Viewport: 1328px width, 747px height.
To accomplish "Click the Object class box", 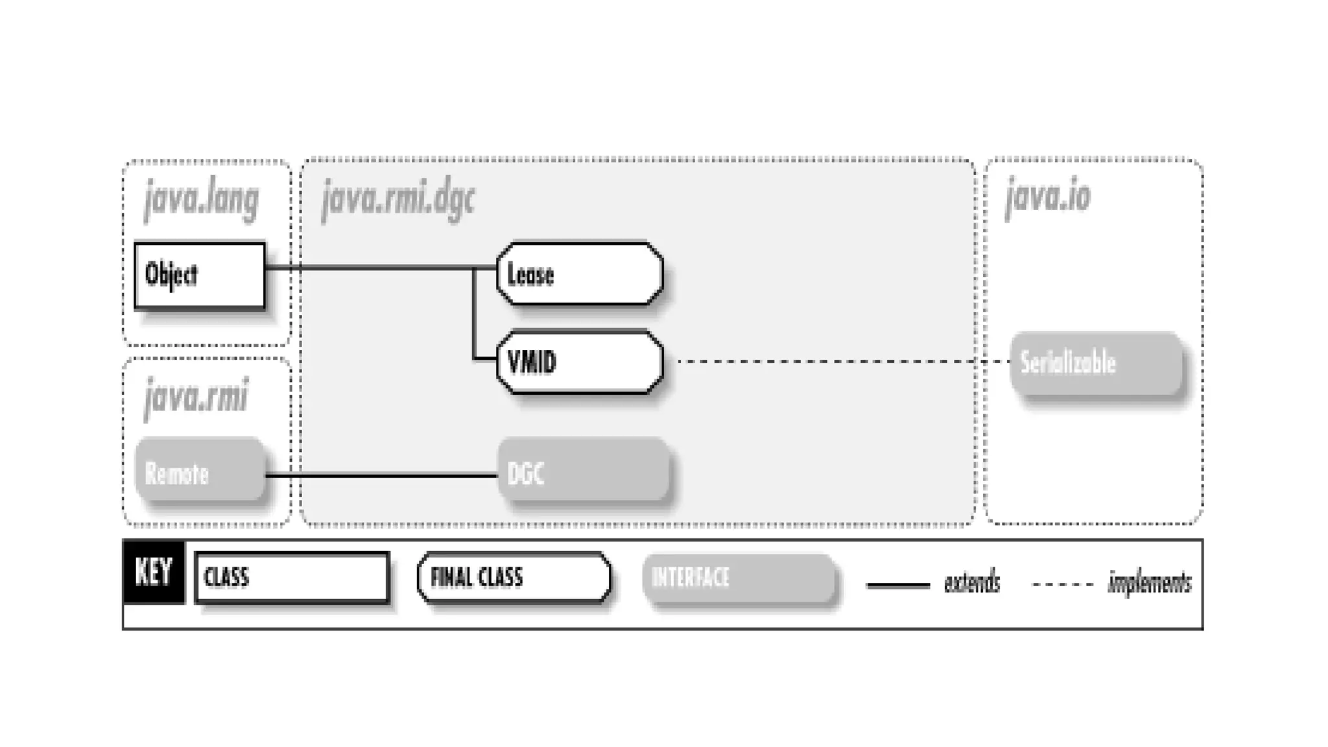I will [x=200, y=275].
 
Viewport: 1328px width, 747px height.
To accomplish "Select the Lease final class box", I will [x=580, y=274].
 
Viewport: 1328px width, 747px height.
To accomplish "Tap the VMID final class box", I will [x=580, y=362].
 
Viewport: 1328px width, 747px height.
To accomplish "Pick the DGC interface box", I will [x=583, y=471].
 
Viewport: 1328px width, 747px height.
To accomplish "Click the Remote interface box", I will [x=200, y=471].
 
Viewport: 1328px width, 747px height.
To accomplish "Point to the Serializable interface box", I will [x=1096, y=363].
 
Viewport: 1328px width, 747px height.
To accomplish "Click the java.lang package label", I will [x=202, y=199].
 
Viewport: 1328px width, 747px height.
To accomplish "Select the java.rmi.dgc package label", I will [x=398, y=199].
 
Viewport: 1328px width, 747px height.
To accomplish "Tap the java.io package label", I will [x=1048, y=196].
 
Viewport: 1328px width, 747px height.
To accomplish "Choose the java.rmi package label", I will [x=196, y=397].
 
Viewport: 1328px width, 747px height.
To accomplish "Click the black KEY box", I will [x=154, y=572].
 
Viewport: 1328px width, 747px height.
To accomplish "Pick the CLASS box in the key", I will [x=292, y=577].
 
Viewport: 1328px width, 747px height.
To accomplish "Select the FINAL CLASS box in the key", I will [x=514, y=577].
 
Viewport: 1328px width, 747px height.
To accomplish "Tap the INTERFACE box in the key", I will [x=739, y=578].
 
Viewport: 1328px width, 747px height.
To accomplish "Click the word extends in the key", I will [x=971, y=583].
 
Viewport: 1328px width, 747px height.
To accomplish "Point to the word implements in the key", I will [x=1149, y=583].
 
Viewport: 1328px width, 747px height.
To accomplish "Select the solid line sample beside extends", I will [x=898, y=585].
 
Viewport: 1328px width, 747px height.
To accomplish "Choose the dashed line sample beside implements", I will [x=1062, y=584].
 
